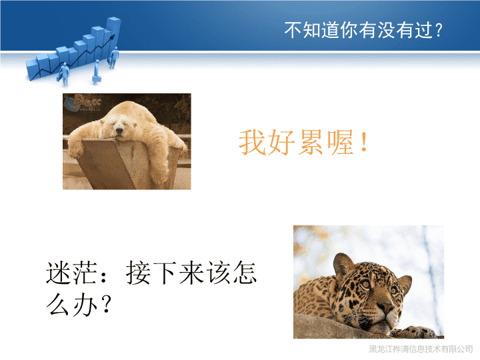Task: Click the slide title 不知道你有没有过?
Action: click(x=363, y=30)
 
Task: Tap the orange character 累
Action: click(x=311, y=143)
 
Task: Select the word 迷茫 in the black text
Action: click(x=72, y=273)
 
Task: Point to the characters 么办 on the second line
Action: click(x=72, y=305)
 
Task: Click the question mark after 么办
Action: click(x=107, y=304)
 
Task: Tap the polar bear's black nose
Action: click(x=119, y=131)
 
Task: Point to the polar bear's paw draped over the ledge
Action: click(x=75, y=150)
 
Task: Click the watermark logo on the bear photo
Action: click(x=82, y=103)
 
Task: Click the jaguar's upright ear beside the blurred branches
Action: click(x=343, y=264)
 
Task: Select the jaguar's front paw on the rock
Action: click(x=418, y=332)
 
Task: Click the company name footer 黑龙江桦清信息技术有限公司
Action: click(x=421, y=349)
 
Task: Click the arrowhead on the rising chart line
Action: click(x=113, y=37)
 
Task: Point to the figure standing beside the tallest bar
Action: click(x=114, y=57)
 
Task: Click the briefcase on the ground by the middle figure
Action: click(x=97, y=79)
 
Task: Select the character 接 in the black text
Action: click(x=139, y=273)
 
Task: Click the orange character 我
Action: click(x=252, y=143)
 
